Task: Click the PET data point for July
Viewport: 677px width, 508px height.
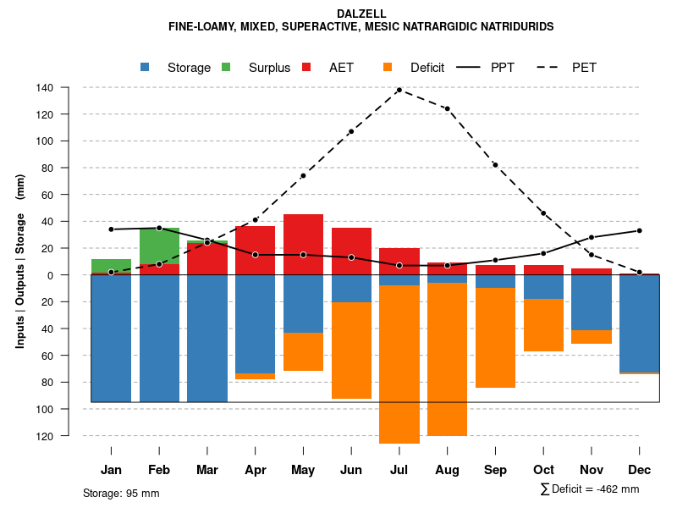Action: pos(399,90)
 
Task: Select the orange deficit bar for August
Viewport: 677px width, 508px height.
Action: pos(448,359)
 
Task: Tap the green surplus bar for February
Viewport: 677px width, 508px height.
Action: pos(159,246)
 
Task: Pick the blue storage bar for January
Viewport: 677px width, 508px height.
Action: pos(111,339)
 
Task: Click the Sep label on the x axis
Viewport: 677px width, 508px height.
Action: pos(496,470)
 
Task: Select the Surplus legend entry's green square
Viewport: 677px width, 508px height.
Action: pos(227,68)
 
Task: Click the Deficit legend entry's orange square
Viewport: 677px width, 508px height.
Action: pos(388,68)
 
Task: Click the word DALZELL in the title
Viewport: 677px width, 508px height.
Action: pos(361,14)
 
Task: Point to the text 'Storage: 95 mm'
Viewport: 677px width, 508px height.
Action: pos(121,493)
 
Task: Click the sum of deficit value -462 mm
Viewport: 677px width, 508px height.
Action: pos(612,489)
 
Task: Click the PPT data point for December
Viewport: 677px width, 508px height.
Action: pos(640,230)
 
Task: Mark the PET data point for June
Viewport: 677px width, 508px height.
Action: pos(351,131)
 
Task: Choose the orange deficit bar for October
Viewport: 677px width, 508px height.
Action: pos(544,325)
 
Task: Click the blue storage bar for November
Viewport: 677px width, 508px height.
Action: pos(592,302)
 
